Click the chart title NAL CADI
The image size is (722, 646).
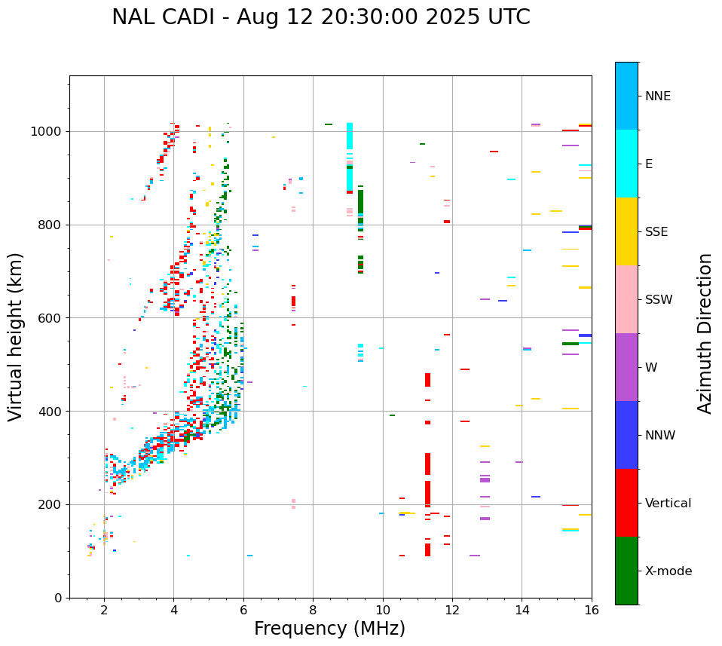click(320, 17)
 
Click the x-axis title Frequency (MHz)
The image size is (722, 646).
click(329, 629)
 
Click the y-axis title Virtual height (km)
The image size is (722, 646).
click(16, 336)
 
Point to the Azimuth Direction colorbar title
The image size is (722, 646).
click(705, 332)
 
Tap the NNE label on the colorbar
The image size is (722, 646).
click(657, 96)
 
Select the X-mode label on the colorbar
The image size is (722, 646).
click(668, 571)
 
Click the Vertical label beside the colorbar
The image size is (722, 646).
click(668, 504)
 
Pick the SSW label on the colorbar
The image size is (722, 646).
click(659, 300)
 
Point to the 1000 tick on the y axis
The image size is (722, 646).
click(49, 131)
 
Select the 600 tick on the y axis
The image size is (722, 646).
click(52, 318)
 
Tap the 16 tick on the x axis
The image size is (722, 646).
click(592, 611)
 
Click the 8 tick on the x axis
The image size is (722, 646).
click(313, 611)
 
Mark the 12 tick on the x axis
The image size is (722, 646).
click(452, 611)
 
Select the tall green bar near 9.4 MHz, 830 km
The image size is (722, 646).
click(360, 204)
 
